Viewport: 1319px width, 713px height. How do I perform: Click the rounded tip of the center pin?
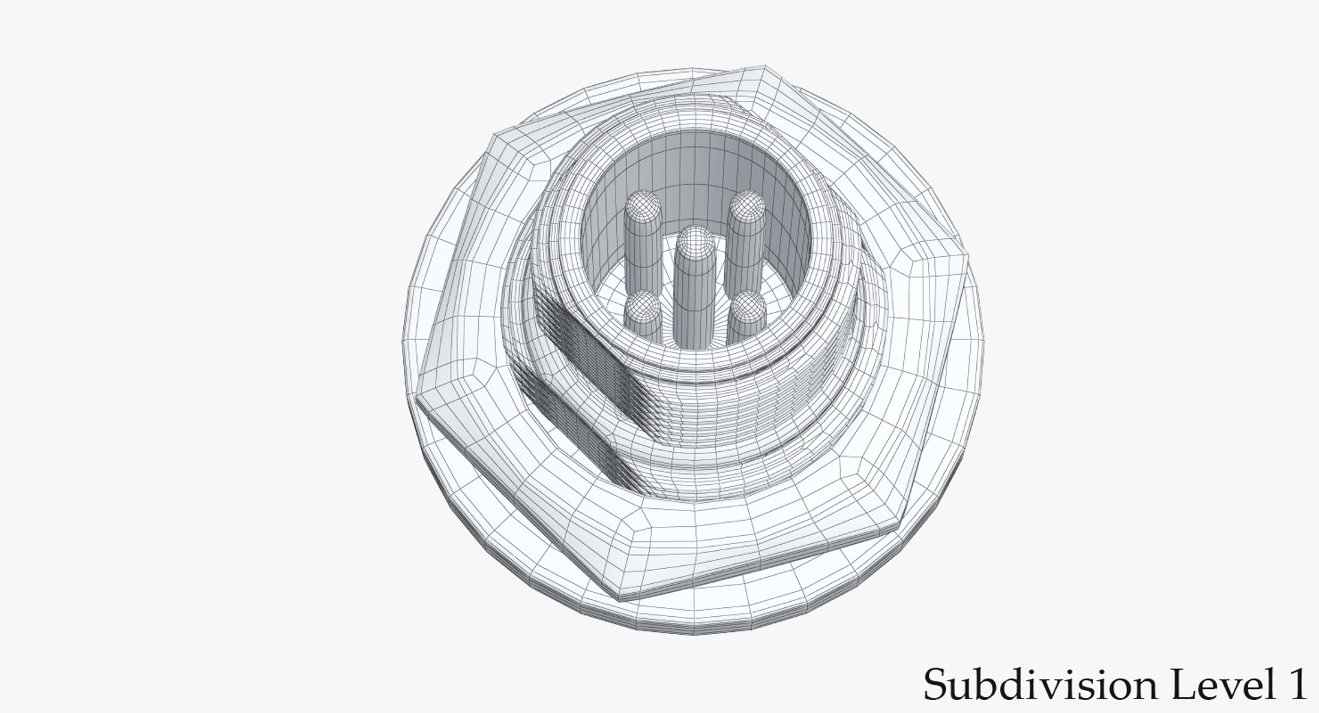coord(696,241)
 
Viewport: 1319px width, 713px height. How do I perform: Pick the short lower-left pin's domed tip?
coord(643,306)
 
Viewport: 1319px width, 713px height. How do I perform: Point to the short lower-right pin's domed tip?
coord(747,307)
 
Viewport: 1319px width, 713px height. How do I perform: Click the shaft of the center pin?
coord(695,302)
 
